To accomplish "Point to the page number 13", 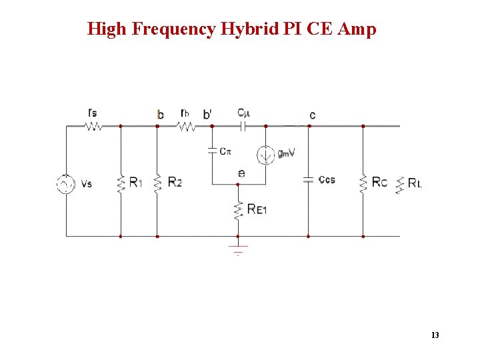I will click(435, 335).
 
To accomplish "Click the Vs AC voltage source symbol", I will click(66, 183).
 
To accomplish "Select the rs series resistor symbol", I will click(93, 125).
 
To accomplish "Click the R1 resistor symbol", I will click(121, 182).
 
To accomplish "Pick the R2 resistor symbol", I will click(157, 182).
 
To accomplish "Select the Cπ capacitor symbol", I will click(212, 151).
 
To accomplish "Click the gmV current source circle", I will click(266, 154).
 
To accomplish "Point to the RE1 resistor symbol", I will click(238, 209).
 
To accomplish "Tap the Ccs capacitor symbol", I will click(308, 179).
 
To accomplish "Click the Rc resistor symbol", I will click(363, 181).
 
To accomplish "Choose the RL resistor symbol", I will click(400, 183).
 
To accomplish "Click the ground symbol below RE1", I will click(238, 250).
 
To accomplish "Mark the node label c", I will click(312, 115).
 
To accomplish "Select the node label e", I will click(241, 173).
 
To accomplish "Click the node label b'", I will click(207, 115).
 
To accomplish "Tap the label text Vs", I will click(86, 183).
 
